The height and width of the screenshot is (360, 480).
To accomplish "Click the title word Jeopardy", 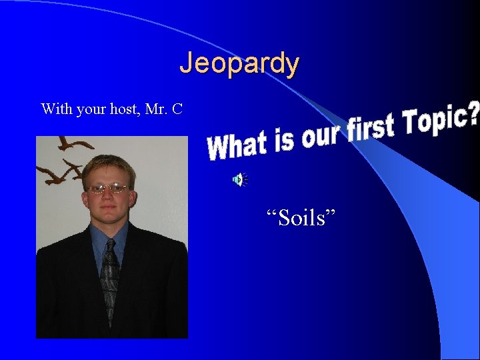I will click(x=239, y=64).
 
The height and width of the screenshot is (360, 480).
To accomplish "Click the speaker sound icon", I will click(x=239, y=179).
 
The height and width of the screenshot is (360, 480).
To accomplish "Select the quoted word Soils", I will click(x=301, y=217).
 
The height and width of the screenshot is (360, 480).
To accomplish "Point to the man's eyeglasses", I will click(x=108, y=189).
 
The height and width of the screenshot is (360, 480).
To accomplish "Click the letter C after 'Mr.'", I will click(x=177, y=109).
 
